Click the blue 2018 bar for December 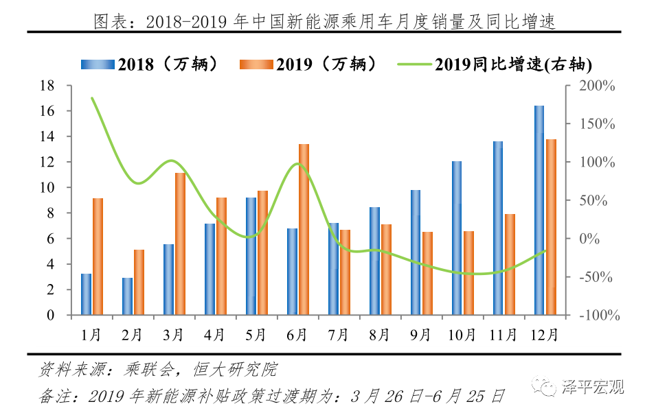[539, 211]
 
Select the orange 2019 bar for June [304, 230]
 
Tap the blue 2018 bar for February [127, 296]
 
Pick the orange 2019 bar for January [98, 257]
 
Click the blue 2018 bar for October [457, 238]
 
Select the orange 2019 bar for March [180, 244]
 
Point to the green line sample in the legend [414, 64]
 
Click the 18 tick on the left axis [47, 86]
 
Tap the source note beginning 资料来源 [159, 370]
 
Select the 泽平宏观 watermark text [593, 387]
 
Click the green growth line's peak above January [92, 98]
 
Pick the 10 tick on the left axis [47, 188]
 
